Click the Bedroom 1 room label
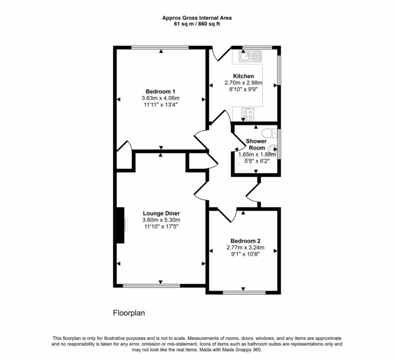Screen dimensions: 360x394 pos(161,91)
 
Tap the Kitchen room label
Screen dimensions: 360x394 pos(243,76)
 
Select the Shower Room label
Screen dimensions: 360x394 pos(256,144)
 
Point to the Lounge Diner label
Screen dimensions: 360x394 pos(161,213)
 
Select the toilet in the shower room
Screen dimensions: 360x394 pos(271,131)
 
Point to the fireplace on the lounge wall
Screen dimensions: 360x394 pos(121,225)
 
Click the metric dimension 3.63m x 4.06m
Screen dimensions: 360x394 pos(161,98)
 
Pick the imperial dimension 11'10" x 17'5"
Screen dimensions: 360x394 pos(161,226)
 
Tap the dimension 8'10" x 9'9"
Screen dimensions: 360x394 pos(243,89)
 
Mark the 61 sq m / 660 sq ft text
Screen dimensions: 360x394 pos(197,24)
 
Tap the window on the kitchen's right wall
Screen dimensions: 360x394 pos(280,70)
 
